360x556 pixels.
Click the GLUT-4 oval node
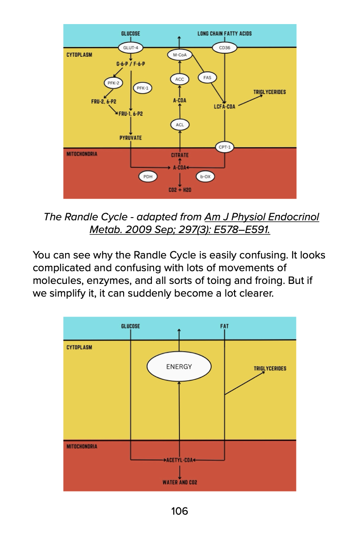coord(130,47)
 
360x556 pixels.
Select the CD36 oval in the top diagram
coord(225,47)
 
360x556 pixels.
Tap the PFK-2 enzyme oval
coord(113,83)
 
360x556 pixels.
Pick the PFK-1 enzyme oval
coord(142,88)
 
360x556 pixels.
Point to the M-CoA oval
coord(180,55)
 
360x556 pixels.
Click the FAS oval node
coord(207,78)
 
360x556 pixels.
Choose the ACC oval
coord(180,79)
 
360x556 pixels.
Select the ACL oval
coord(180,124)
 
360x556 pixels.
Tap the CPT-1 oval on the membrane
coord(225,147)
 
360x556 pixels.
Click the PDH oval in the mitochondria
coord(147,177)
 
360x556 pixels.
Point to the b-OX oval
coord(205,177)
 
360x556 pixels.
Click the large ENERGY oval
coord(179,367)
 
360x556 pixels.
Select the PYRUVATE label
coord(130,138)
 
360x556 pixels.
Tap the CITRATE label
coord(180,155)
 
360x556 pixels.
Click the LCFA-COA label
coord(225,107)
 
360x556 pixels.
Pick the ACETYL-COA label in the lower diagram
coord(179,460)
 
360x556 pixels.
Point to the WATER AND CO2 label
coord(180,482)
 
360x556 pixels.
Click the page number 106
coord(180,511)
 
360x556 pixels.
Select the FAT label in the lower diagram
coord(225,326)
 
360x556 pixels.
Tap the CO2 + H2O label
coord(180,190)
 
